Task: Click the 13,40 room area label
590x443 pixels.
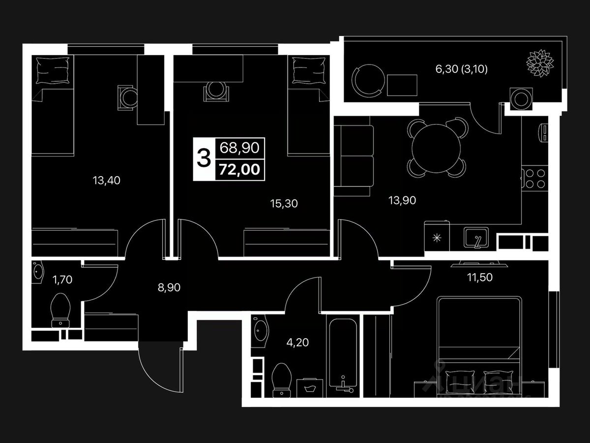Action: pos(106,181)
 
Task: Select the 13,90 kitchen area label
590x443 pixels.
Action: pos(402,200)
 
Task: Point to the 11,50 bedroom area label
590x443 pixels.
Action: pos(479,277)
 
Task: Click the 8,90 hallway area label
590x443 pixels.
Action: pos(169,287)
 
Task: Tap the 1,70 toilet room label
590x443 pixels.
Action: pos(63,281)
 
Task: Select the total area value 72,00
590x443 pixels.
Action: pos(238,171)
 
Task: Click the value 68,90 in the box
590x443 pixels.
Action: pos(238,148)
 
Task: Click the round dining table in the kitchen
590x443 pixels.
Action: pos(435,147)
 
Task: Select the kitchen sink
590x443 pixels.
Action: pos(476,238)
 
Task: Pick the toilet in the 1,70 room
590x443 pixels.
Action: pos(61,310)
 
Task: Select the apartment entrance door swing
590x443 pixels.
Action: pos(160,365)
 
